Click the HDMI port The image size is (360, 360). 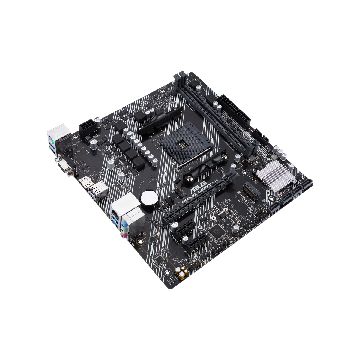click(83, 182)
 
